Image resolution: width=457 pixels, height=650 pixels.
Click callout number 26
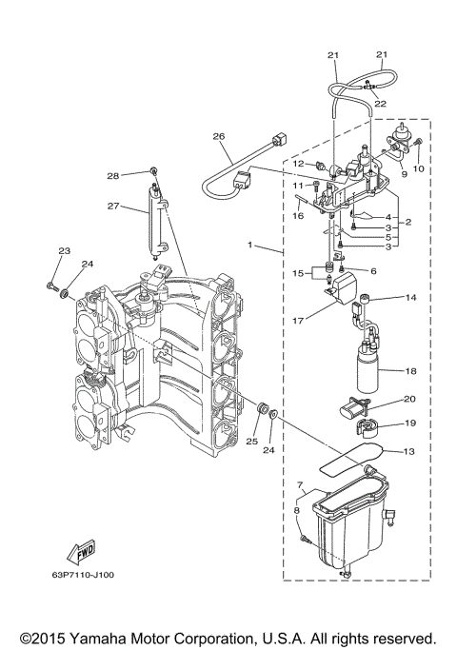pos(219,136)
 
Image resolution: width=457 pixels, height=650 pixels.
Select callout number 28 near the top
pos(139,175)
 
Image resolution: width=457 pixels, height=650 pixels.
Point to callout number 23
pos(64,251)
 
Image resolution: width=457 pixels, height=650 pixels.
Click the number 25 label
pos(251,442)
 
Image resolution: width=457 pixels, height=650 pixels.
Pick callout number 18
pos(411,370)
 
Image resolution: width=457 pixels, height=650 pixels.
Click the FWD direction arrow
pos(77,554)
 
